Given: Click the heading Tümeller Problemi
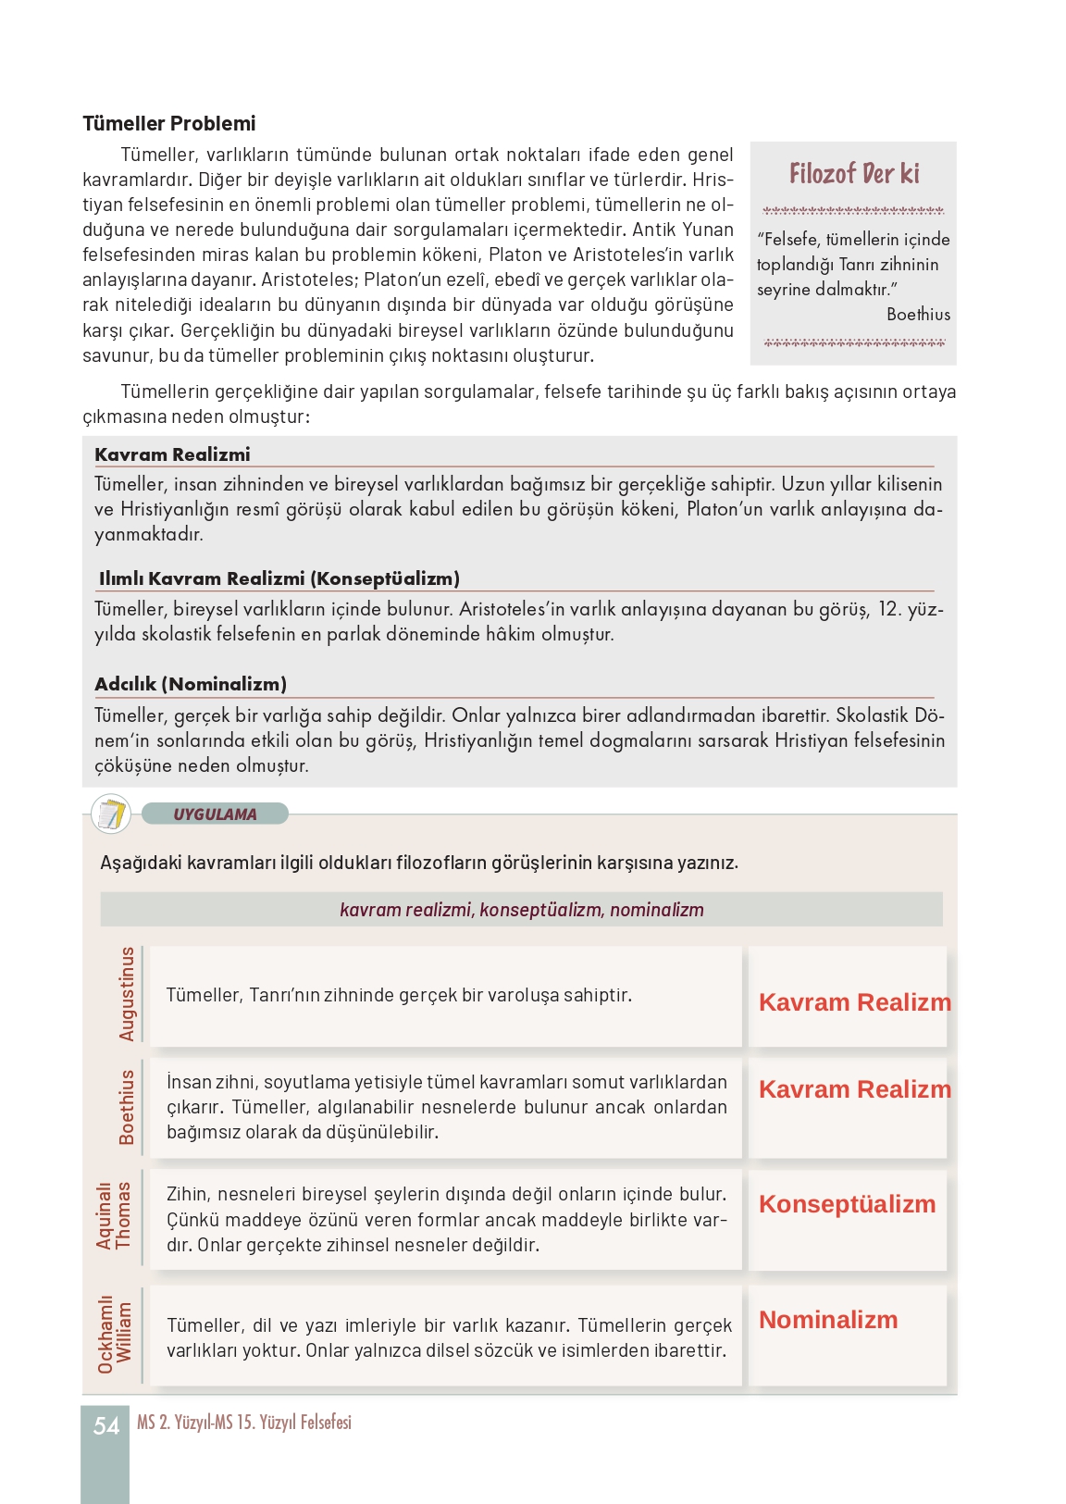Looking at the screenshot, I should tap(168, 123).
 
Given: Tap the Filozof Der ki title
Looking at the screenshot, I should tap(854, 174).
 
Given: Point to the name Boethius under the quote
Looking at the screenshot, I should tap(918, 315).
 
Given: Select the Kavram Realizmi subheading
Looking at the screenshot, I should tap(172, 454).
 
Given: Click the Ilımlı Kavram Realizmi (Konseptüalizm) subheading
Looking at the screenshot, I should tap(279, 578).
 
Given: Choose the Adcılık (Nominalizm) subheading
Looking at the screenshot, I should tap(191, 684).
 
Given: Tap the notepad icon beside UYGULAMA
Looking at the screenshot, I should tap(111, 814).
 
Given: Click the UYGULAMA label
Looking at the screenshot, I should tap(215, 814).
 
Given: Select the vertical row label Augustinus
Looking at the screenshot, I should tap(127, 994).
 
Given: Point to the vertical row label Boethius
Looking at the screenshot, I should tap(127, 1107).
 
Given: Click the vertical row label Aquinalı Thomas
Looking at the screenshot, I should tap(114, 1215).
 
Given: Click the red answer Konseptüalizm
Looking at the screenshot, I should tap(847, 1204).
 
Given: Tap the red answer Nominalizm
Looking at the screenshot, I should tap(828, 1320).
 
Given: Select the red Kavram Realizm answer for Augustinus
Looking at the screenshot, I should tap(854, 1002).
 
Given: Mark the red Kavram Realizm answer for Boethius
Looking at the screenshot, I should tap(854, 1089).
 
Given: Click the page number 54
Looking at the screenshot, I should tap(106, 1426).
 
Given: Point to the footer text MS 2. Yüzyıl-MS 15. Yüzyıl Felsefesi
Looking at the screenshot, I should tap(244, 1423).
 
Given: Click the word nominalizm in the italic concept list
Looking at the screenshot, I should tap(656, 910).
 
